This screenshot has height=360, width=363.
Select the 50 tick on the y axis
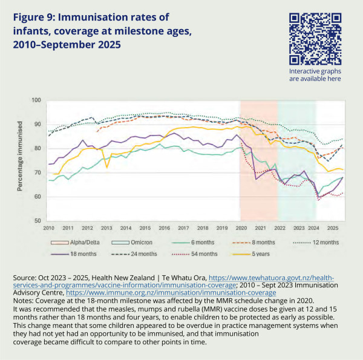36,221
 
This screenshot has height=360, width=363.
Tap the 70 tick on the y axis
36,173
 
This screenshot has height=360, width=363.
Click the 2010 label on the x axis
48,229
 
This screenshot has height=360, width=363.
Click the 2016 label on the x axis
163,229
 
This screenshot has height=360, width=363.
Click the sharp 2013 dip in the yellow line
106,168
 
